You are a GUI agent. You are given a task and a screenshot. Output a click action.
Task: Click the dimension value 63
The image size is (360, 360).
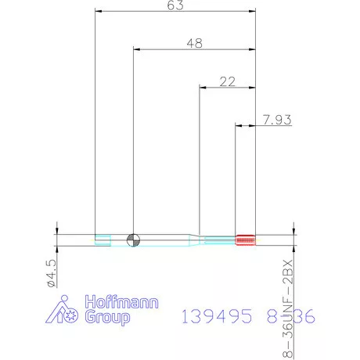pos(175,5)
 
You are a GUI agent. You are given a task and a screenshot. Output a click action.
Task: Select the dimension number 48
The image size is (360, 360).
pos(194,44)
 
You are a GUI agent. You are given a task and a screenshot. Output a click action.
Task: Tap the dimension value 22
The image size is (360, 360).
pos(228,81)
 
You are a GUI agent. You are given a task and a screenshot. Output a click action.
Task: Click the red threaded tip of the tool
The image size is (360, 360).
pos(246,239)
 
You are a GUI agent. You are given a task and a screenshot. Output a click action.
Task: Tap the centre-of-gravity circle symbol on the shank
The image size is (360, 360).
pos(134,239)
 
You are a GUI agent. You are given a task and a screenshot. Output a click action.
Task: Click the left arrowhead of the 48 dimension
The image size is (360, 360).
pos(137,50)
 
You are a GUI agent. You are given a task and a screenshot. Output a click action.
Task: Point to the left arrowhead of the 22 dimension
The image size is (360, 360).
pos(203,87)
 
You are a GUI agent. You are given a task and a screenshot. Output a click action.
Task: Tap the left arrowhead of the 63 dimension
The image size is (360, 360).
pos(98,12)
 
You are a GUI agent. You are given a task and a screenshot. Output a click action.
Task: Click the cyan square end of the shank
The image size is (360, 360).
pos(102,239)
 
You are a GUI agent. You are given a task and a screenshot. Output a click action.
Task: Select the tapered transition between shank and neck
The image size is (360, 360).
pos(191,239)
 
